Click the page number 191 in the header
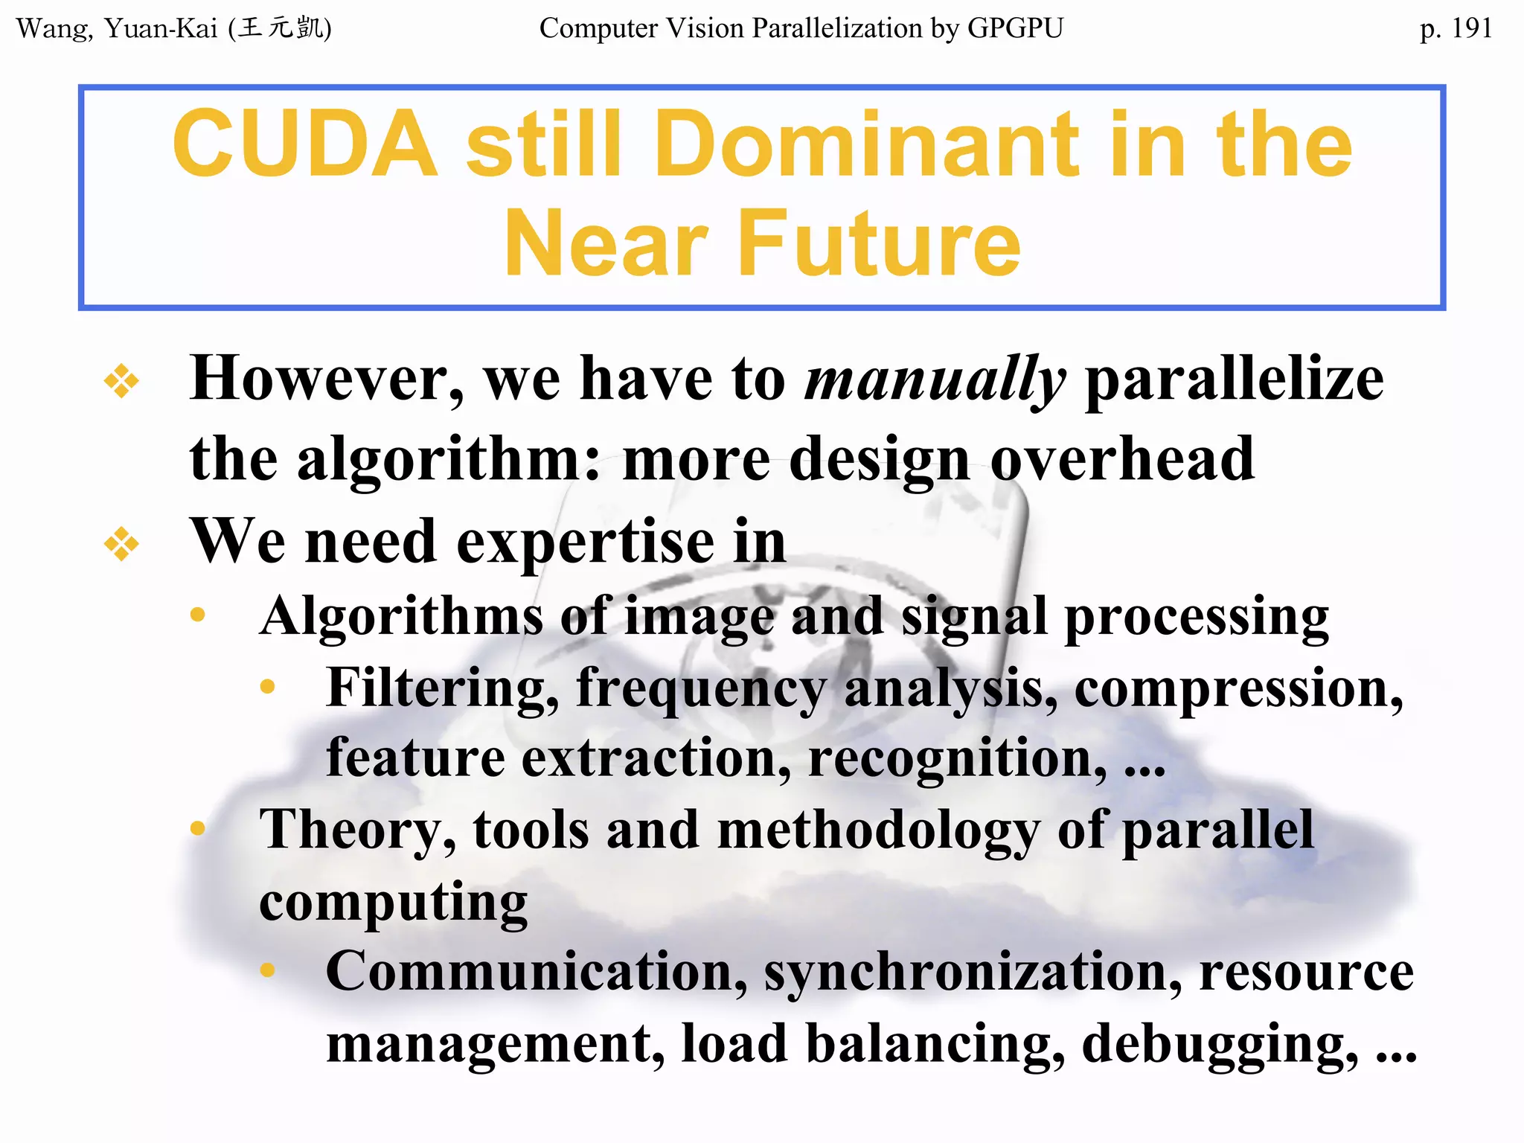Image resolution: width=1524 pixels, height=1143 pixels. (1471, 29)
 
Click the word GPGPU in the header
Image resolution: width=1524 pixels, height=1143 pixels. (1015, 28)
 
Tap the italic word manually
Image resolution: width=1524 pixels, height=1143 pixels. (935, 380)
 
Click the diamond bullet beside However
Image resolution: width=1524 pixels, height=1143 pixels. (121, 382)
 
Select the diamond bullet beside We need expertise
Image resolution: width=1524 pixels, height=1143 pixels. (121, 544)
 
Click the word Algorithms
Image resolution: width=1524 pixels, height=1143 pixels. (402, 616)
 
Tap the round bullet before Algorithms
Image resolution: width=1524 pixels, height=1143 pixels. (197, 615)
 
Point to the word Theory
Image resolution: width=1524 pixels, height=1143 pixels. (357, 830)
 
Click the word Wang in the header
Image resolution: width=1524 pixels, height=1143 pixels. (54, 29)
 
